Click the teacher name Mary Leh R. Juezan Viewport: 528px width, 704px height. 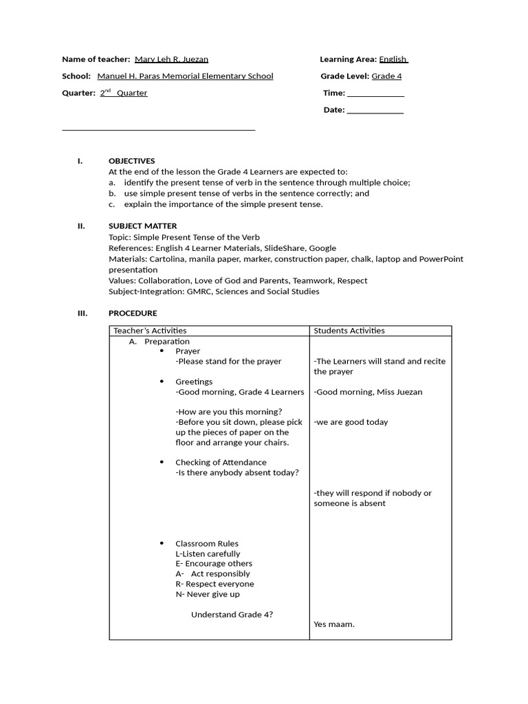(171, 60)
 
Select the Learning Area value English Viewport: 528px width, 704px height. (393, 60)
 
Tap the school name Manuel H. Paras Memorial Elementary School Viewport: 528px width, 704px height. (185, 76)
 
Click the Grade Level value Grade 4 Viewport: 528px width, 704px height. (386, 76)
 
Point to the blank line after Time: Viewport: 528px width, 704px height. (375, 93)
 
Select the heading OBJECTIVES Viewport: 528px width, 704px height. (131, 161)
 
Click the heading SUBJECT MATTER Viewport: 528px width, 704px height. (142, 225)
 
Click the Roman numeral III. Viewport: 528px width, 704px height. (82, 313)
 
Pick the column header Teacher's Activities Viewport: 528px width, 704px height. (150, 331)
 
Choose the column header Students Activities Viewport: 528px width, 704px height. (349, 331)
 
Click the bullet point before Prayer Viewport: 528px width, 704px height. (162, 351)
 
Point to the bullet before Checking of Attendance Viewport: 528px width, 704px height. (162, 462)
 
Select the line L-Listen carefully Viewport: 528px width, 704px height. (208, 553)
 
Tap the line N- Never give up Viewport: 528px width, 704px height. (208, 594)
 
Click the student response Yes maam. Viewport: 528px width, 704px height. (334, 624)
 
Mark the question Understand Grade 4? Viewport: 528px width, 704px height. (232, 614)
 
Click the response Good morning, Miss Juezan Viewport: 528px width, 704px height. (368, 392)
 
